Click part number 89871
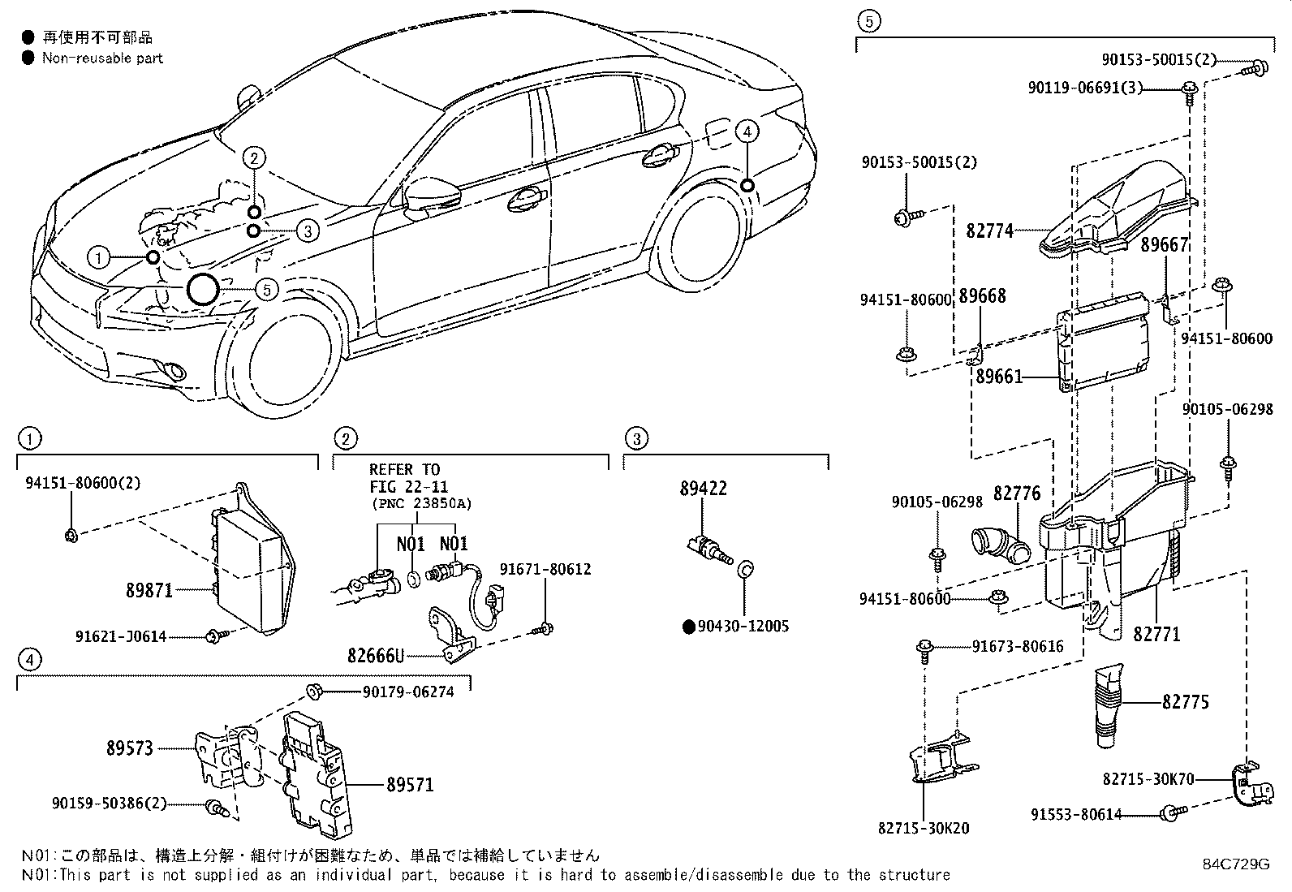pos(149,591)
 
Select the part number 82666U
pos(376,655)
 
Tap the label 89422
pos(703,489)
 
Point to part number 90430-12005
pos(743,626)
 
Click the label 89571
pos(410,785)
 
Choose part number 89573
pos(130,748)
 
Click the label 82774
pos(989,231)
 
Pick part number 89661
pos(998,377)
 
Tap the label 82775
pos(1185,701)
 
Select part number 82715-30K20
pos(924,829)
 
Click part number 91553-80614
pos(1076,814)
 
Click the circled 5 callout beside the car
pos(267,289)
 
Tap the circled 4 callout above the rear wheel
pos(747,131)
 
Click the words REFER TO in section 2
pos(404,469)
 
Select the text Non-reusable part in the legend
pos(102,58)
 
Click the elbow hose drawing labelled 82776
pos(1000,545)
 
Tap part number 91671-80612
pos(545,569)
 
